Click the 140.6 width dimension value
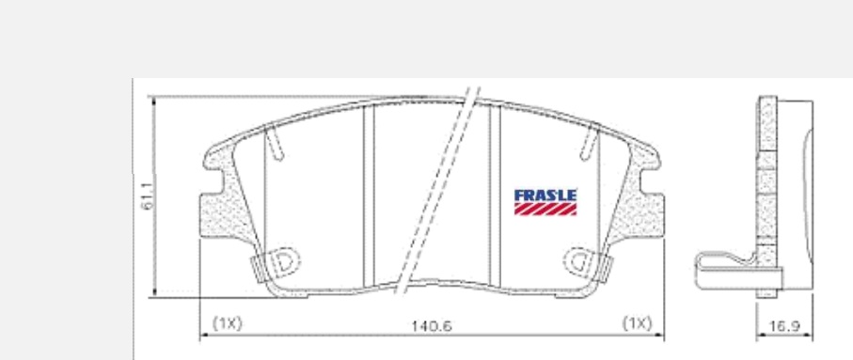tap(431, 326)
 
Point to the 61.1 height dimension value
tap(148, 196)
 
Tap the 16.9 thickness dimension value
tap(784, 326)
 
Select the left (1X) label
tap(227, 323)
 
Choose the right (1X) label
tap(637, 323)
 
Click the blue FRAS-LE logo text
tap(545, 196)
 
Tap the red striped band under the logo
tap(545, 210)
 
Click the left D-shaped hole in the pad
tap(284, 261)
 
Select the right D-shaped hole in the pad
tap(580, 261)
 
